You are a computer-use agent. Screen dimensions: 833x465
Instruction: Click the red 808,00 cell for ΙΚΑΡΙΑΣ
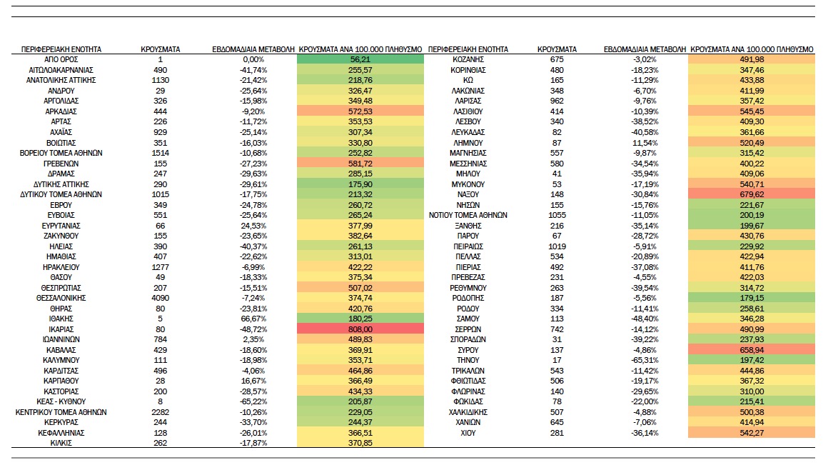(x=360, y=329)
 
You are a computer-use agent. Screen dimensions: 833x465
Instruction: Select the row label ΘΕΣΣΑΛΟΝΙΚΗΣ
(x=61, y=298)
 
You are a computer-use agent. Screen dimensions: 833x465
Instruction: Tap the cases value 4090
(x=161, y=298)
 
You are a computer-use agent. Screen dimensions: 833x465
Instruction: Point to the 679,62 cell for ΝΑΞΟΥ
(x=751, y=194)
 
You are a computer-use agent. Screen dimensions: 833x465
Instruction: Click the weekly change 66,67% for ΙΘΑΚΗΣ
(x=253, y=319)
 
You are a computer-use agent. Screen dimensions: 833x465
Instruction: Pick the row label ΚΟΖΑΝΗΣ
(x=468, y=59)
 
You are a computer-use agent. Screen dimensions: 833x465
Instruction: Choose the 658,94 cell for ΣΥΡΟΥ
(x=751, y=350)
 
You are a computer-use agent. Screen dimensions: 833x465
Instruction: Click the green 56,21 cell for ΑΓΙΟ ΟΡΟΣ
(x=360, y=59)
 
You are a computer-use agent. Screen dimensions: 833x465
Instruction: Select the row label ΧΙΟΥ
(x=468, y=433)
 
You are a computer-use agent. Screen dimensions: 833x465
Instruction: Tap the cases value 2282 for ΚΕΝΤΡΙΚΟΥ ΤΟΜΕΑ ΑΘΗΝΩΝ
(x=161, y=412)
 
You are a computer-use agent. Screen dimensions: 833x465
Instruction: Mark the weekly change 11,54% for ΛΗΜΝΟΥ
(x=645, y=143)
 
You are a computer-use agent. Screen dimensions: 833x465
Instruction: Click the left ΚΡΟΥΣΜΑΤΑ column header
(x=161, y=49)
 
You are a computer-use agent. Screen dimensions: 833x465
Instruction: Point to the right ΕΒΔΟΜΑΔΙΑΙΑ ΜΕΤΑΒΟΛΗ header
(x=645, y=49)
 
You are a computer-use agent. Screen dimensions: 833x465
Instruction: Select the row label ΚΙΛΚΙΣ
(x=61, y=443)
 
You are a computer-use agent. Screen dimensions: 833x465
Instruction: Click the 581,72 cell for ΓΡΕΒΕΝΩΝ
(x=360, y=163)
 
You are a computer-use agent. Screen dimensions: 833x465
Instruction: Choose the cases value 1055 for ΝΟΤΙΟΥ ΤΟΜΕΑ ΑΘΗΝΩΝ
(x=557, y=215)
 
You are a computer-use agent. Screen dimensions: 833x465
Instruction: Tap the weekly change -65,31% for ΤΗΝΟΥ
(x=645, y=360)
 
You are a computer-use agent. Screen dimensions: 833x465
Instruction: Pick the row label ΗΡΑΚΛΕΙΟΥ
(x=61, y=267)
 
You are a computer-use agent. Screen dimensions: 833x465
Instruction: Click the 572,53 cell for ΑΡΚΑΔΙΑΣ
(x=360, y=111)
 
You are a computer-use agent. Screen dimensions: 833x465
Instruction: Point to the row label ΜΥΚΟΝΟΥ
(x=468, y=184)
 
